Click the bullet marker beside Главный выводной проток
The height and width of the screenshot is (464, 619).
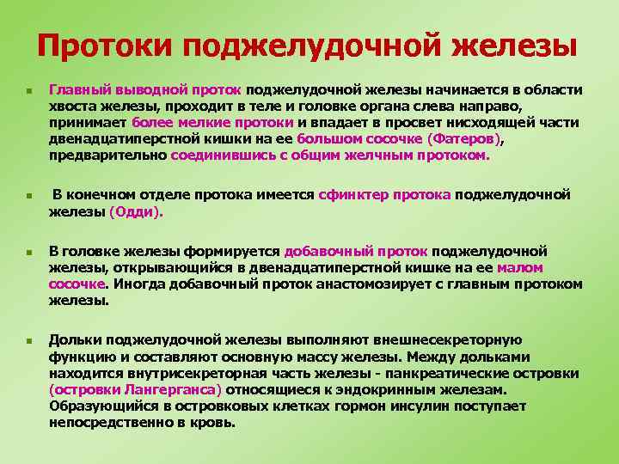pos(28,90)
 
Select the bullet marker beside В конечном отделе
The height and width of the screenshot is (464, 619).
pos(28,196)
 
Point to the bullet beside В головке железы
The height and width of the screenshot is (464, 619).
pos(28,253)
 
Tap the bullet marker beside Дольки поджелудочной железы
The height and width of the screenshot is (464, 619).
pos(28,341)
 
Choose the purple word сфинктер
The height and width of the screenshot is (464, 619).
pos(353,195)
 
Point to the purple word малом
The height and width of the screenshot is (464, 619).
pos(520,267)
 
